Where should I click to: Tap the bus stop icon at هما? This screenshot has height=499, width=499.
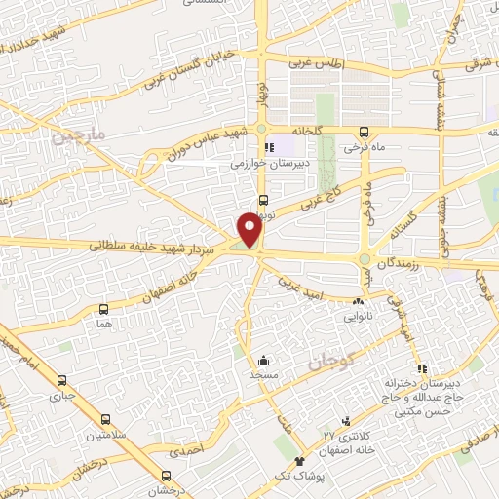click(x=103, y=308)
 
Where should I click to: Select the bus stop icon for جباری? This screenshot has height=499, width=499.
click(x=63, y=381)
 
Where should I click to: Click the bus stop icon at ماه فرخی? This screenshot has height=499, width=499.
click(x=364, y=132)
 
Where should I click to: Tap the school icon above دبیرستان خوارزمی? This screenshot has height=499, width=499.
click(x=255, y=148)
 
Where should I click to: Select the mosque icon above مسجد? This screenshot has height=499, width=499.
click(x=264, y=358)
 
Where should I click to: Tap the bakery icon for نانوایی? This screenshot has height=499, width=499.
click(x=360, y=303)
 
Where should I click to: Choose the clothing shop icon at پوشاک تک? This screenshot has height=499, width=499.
click(x=299, y=462)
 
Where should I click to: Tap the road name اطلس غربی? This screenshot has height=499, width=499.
click(x=316, y=63)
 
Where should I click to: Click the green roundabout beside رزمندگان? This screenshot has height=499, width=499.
click(x=364, y=259)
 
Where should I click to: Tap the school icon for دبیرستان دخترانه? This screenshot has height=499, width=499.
click(x=422, y=368)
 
